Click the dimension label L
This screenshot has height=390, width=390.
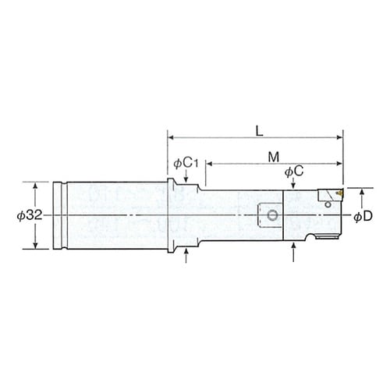[259, 131]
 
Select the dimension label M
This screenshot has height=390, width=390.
[274, 157]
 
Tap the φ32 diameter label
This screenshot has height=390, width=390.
[30, 215]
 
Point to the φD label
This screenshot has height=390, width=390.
[363, 216]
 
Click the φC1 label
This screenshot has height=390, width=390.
[186, 164]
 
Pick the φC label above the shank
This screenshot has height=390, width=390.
[294, 172]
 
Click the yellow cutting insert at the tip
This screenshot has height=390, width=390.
[339, 193]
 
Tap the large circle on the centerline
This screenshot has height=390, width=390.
[272, 215]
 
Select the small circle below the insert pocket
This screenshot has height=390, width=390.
[328, 204]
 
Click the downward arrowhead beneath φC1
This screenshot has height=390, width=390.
[186, 179]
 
